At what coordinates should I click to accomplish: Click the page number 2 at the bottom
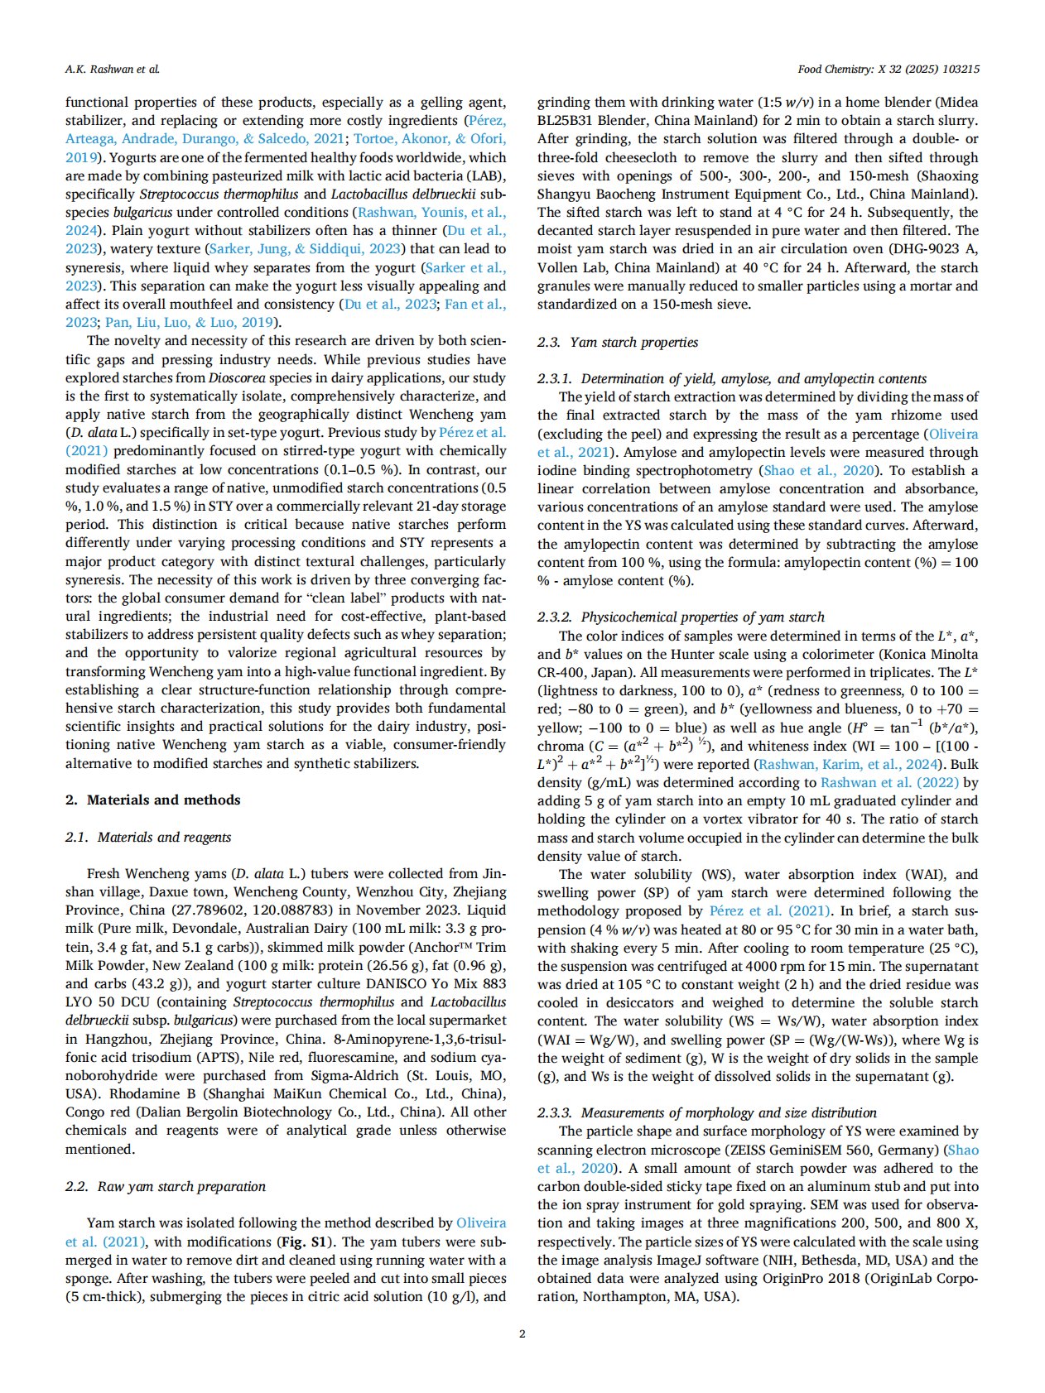[x=522, y=1333]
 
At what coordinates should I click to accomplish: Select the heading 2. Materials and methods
[x=152, y=800]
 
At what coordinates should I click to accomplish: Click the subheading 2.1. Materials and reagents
[x=148, y=837]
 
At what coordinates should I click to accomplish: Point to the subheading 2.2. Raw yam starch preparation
[x=166, y=1186]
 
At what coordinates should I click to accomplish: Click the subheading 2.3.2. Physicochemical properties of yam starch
[x=681, y=617]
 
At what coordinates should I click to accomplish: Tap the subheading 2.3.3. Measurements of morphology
[x=706, y=1112]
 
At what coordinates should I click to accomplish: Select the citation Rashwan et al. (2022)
[x=889, y=782]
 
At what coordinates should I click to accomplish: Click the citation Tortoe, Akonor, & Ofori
[x=430, y=139]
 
